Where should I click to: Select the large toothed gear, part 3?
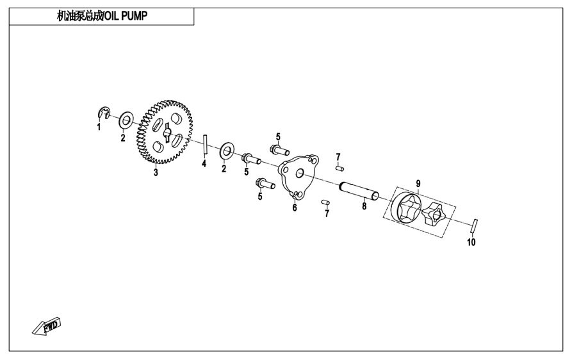165,132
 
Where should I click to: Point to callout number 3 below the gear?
156,172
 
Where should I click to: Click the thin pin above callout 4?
206,145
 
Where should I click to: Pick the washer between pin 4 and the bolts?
227,151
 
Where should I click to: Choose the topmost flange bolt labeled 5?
279,149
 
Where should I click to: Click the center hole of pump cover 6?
300,173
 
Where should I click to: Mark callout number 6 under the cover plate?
295,208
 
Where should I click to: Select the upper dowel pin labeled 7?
339,168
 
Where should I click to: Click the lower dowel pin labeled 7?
326,202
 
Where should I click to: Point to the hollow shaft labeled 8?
359,191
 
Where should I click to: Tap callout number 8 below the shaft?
364,206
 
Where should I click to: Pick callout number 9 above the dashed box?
418,183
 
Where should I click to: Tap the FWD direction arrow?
46,327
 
